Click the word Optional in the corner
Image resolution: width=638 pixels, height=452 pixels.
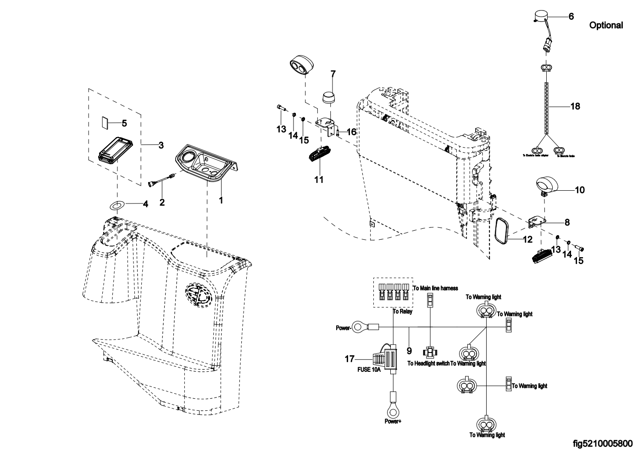[606, 26]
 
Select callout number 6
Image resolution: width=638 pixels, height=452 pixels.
[571, 17]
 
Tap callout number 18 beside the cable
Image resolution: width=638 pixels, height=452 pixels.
[575, 106]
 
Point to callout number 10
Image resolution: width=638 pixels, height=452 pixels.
[580, 189]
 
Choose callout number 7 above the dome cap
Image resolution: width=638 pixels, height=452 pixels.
[333, 73]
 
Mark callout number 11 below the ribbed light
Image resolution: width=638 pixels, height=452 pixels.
[319, 180]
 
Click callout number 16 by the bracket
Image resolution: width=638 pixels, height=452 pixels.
[351, 132]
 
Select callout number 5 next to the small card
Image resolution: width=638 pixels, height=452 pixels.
[124, 123]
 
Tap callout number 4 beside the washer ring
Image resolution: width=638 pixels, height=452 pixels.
[145, 204]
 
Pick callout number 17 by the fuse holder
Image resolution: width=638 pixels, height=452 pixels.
[350, 359]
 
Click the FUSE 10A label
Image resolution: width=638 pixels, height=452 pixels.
[369, 369]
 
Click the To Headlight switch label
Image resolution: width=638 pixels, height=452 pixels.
[428, 364]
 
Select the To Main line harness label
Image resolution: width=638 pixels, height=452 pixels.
[435, 288]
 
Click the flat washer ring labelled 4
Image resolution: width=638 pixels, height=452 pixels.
[117, 204]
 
